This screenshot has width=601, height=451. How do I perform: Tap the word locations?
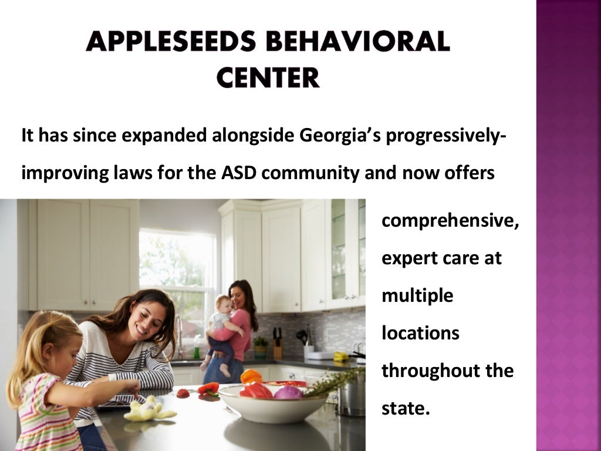coord(420,333)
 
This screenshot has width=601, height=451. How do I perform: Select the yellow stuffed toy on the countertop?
coord(147,409)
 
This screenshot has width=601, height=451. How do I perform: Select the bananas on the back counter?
coord(340,356)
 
